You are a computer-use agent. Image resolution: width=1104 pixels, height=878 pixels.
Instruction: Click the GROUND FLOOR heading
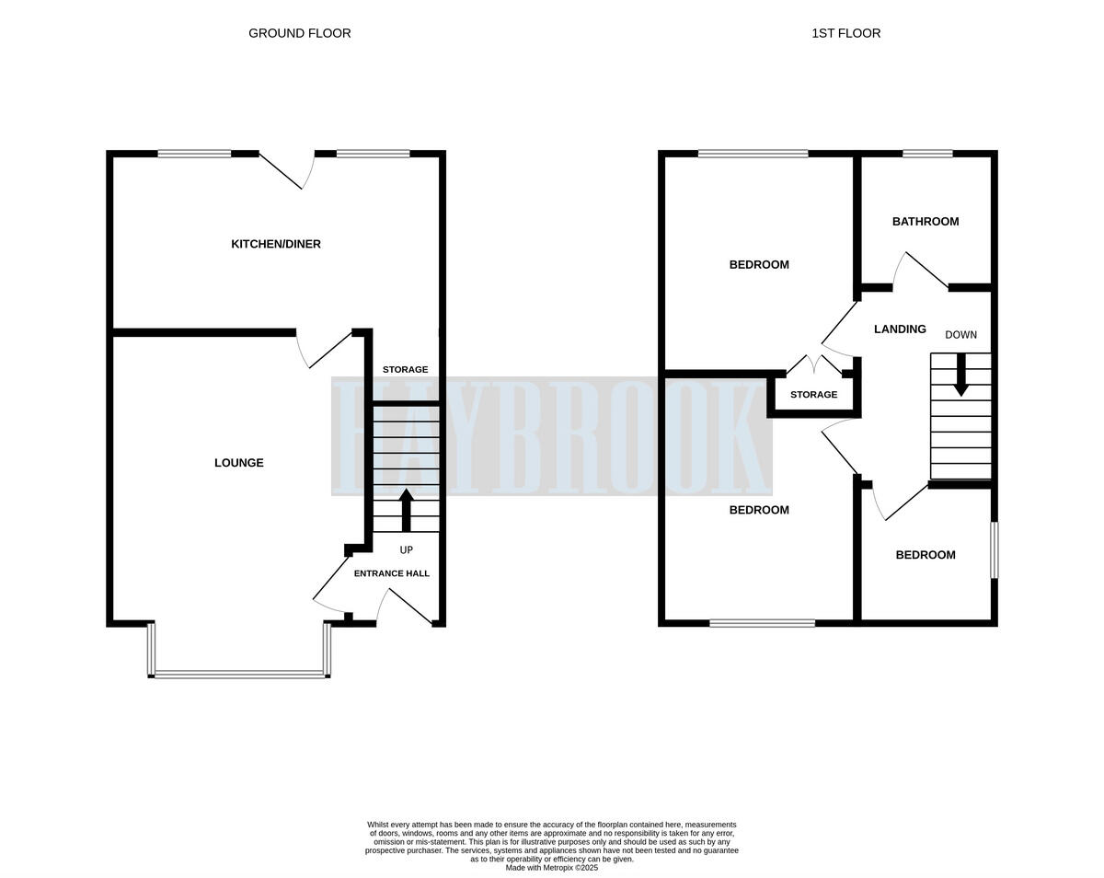(299, 33)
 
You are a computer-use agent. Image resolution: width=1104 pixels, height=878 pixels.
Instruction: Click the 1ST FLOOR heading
(845, 33)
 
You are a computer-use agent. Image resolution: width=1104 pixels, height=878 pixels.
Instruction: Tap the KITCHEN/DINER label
(275, 244)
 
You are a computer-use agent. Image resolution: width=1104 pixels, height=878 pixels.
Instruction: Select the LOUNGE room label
(238, 463)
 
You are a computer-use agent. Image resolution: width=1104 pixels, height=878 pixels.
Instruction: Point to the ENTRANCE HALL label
(391, 573)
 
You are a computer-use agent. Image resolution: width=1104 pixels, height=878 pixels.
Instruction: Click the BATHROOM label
(925, 222)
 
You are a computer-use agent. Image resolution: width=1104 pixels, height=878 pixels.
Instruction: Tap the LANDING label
(899, 329)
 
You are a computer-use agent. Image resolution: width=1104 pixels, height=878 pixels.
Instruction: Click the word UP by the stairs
(406, 550)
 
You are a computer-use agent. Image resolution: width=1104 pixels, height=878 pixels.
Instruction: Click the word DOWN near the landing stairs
(960, 335)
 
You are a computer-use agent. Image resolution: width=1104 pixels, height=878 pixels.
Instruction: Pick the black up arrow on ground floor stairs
(406, 510)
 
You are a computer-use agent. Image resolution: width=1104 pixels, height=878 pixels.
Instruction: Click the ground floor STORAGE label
(405, 369)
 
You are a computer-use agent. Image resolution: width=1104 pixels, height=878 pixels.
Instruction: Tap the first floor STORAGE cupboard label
(813, 395)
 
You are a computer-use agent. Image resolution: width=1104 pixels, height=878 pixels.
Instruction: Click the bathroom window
(926, 154)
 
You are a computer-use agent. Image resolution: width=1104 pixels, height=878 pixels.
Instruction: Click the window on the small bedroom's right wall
(994, 550)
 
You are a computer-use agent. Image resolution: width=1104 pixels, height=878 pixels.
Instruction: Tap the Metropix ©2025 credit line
(552, 867)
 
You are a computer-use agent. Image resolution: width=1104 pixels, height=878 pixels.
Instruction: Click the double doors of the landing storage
(814, 365)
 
